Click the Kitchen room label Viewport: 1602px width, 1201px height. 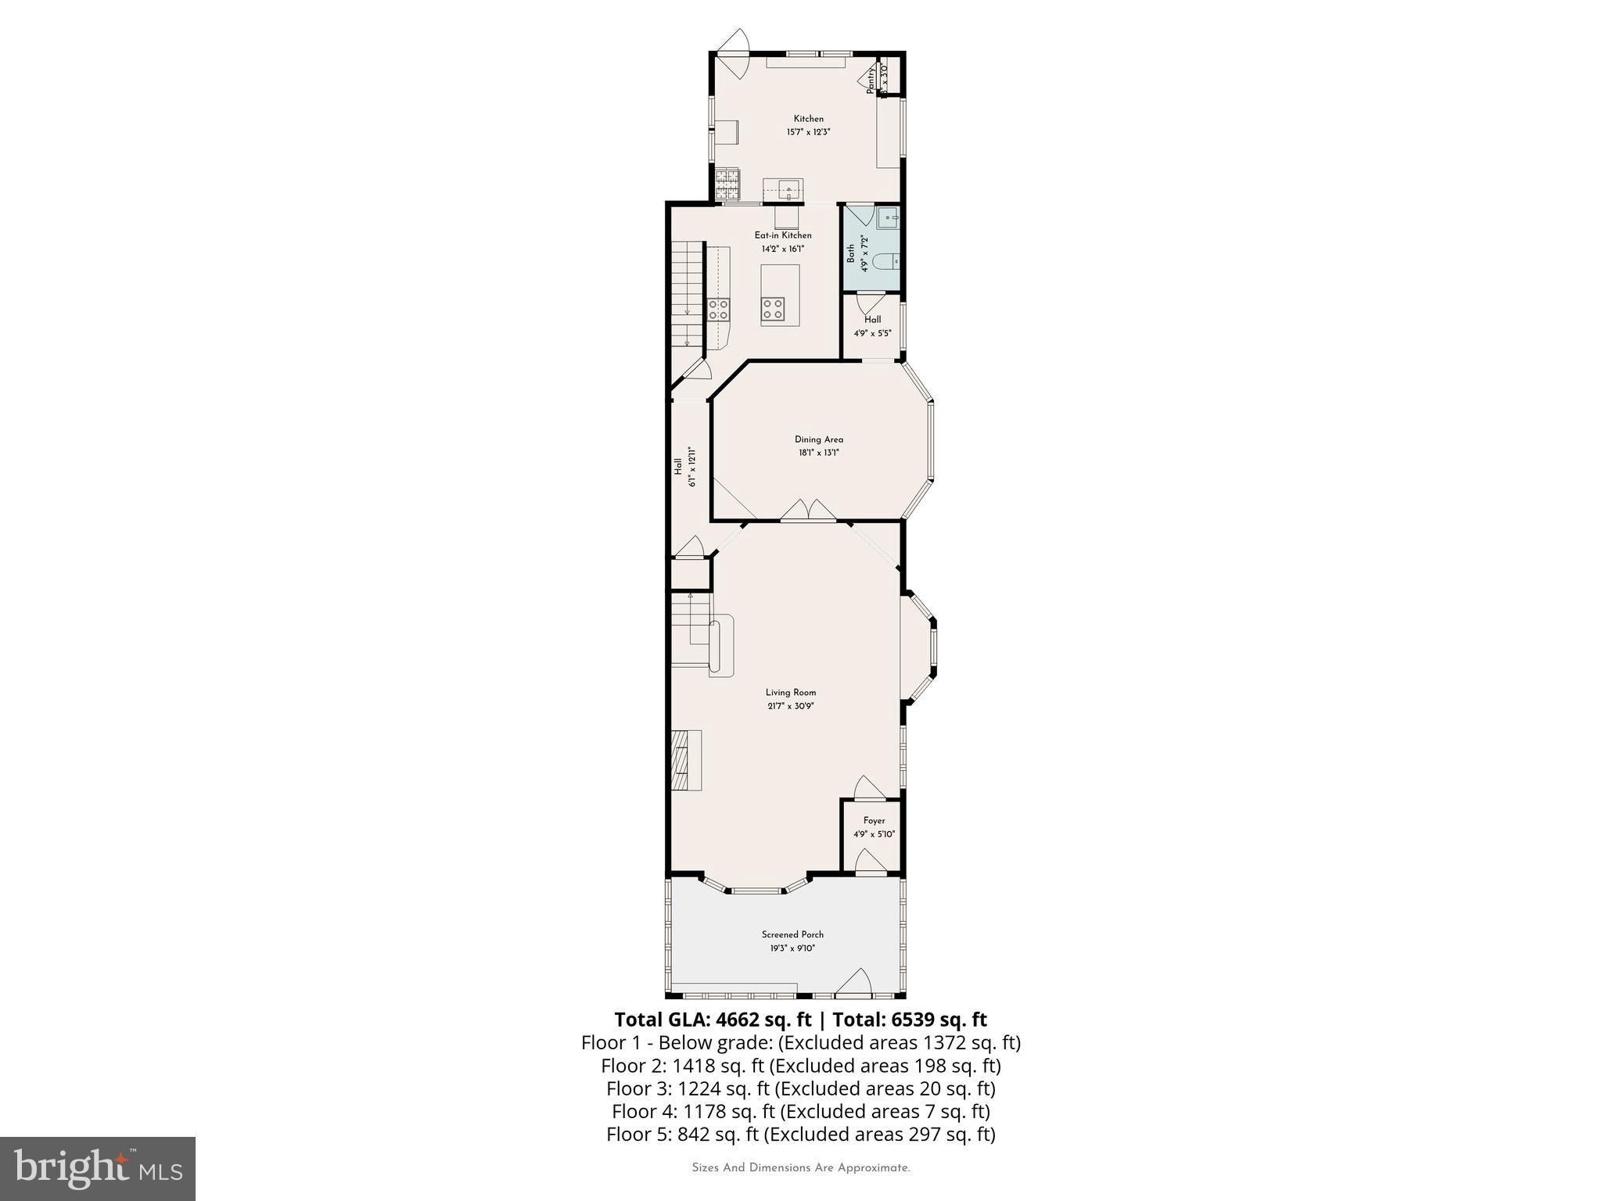tap(808, 119)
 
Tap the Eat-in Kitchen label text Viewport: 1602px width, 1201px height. tap(782, 235)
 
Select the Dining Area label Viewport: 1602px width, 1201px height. tap(818, 439)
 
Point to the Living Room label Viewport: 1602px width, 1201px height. tap(790, 692)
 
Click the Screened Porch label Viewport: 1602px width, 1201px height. tap(792, 934)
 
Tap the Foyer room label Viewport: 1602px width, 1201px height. tap(874, 820)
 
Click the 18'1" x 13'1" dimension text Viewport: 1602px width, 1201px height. tap(818, 453)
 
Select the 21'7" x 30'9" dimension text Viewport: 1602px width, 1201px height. tap(790, 706)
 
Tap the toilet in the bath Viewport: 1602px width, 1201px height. tap(886, 261)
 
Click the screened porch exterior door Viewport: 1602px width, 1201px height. tap(853, 983)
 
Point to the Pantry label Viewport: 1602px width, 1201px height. tap(870, 81)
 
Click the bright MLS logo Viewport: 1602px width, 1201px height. tap(97, 1168)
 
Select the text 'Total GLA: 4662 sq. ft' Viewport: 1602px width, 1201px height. tap(714, 1020)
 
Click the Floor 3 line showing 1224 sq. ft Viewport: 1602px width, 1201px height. tap(800, 1088)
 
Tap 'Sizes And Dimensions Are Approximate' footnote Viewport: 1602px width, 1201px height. tap(800, 1168)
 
